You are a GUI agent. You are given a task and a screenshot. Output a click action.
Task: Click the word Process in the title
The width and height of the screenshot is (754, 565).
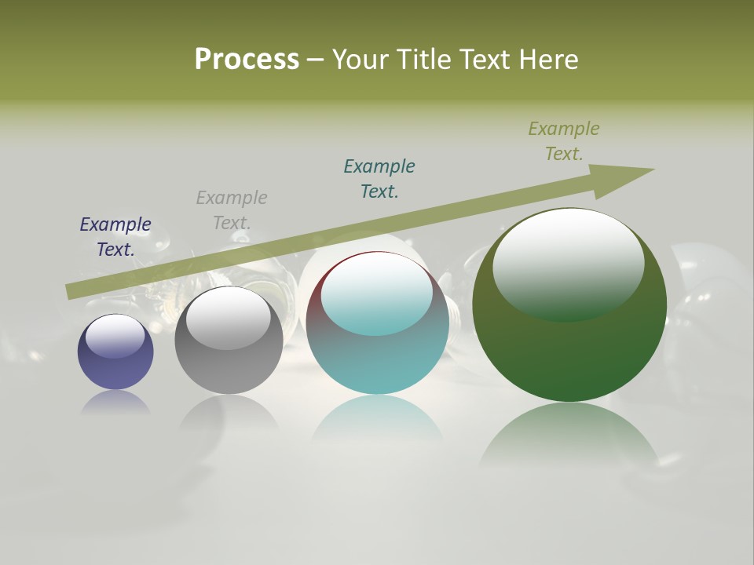coord(247,60)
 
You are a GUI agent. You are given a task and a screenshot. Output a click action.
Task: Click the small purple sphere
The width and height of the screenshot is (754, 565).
coord(115,365)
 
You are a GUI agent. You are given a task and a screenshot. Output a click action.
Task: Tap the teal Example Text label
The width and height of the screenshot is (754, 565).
coord(379,179)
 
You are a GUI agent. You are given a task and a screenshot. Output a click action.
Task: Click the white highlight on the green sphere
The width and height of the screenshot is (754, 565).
coord(569,263)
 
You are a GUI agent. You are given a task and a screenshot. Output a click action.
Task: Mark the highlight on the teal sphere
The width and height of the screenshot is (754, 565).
coord(377,292)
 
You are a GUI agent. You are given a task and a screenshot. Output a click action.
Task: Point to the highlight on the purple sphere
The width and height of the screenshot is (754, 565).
coord(115,336)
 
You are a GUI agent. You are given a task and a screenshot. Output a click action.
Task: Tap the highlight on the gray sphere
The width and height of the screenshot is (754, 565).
coord(228,317)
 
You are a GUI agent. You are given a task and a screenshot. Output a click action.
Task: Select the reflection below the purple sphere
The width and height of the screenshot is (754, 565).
coord(115,402)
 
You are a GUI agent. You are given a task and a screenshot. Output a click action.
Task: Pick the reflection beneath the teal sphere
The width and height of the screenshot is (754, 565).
coord(378,416)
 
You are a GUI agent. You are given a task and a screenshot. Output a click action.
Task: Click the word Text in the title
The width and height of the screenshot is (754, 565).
coord(484,60)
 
